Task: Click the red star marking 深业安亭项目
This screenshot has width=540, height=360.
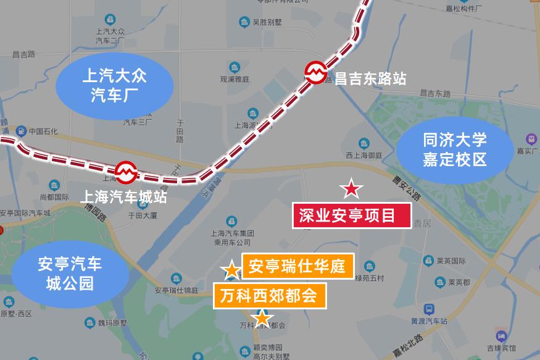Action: click(x=351, y=188)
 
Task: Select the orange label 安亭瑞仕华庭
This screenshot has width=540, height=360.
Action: click(x=297, y=267)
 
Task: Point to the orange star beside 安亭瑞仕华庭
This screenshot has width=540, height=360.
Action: click(x=231, y=270)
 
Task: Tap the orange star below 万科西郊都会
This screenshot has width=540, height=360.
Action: click(x=262, y=318)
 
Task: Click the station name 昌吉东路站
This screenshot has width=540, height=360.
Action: click(x=370, y=78)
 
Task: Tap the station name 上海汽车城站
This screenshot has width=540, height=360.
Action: click(x=124, y=197)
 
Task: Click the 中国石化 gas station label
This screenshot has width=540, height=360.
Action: click(x=42, y=131)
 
